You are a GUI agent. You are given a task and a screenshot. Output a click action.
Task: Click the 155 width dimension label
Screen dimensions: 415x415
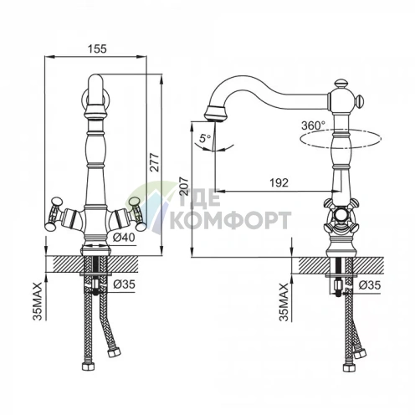coord(97,49)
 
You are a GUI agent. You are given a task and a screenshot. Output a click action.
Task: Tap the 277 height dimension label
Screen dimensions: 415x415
coord(154,162)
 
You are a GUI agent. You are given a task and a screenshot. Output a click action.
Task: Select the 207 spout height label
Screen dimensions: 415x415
coord(184,186)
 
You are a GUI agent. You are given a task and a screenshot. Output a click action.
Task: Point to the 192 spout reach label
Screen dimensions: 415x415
coord(279,182)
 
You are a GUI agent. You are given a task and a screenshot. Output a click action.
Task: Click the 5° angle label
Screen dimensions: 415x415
coord(206,138)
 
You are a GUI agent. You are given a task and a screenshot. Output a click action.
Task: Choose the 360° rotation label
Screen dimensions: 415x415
coord(313,126)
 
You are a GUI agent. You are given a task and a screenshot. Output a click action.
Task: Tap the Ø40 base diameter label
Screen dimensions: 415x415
coord(124,238)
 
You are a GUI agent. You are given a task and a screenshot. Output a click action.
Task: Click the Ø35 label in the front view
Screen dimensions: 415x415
coord(124,284)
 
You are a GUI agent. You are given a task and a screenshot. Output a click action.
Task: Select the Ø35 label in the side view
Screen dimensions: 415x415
coord(370,285)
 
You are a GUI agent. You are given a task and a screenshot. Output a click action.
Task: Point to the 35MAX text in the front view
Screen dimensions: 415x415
coord(37,301)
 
